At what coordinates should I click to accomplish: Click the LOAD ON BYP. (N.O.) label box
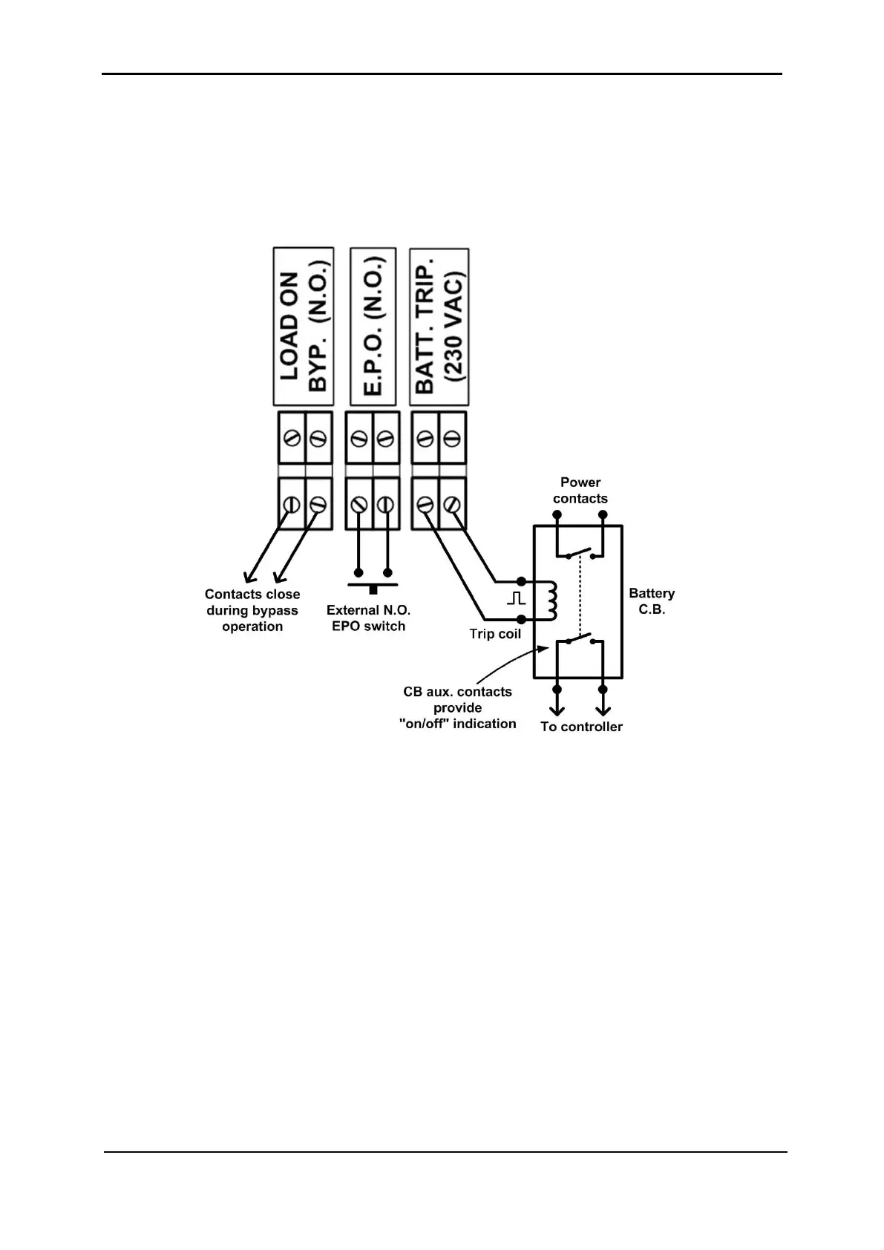pos(304,327)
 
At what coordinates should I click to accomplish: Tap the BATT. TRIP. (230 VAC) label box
pos(439,327)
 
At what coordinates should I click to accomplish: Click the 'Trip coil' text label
pos(495,634)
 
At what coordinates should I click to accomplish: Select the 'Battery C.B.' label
pos(652,601)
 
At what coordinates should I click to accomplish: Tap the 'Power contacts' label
pos(580,491)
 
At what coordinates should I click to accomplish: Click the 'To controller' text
pos(581,727)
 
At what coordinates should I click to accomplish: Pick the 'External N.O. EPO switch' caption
pos(368,618)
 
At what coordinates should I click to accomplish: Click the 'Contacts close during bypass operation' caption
pos(252,610)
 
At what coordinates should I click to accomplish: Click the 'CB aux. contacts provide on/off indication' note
pos(457,707)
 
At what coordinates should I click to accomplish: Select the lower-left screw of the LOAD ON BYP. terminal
pos(291,505)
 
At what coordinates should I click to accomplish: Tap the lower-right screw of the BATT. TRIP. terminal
pos(452,505)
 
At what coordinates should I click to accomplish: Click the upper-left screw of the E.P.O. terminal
pos(358,439)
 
